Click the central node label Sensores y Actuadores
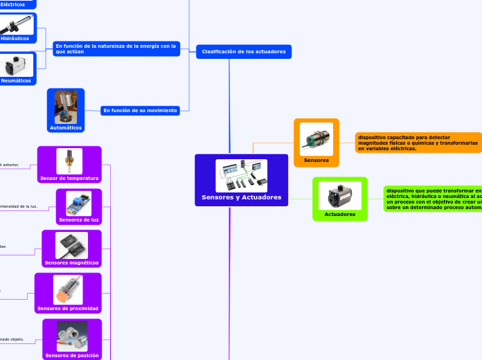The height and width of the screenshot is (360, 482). pos(241,197)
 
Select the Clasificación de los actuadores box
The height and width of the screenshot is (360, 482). pos(244,52)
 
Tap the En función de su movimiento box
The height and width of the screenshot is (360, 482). pos(141,110)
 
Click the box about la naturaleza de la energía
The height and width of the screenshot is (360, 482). pos(116,48)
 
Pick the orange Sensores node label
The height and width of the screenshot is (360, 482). pos(316,161)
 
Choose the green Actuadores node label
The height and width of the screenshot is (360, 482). pos(340,215)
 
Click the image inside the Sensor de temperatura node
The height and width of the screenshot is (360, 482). pos(69,161)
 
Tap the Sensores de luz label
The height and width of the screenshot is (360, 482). pos(79,220)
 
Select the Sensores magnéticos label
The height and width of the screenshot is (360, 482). pos(71,263)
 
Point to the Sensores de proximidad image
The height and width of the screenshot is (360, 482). pos(68,290)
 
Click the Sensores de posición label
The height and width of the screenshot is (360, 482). pos(72,356)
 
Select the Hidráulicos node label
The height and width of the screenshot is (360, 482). pos(15,39)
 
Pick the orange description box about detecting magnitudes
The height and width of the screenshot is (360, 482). pos(418,143)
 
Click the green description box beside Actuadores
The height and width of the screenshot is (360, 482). pos(434,198)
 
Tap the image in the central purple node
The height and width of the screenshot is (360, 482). pos(241,176)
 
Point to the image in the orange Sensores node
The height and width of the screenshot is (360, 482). pos(316,139)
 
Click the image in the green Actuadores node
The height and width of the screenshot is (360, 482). pos(340,195)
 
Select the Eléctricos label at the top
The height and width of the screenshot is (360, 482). pos(12,4)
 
